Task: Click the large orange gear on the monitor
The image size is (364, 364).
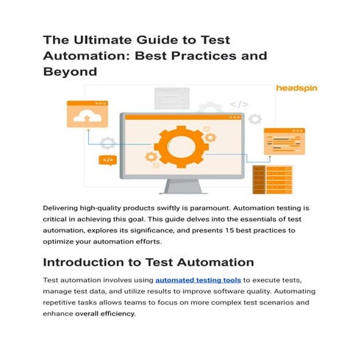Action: point(182,145)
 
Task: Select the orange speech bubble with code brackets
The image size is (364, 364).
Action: point(107,160)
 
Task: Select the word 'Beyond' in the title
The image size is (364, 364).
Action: point(72,72)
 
